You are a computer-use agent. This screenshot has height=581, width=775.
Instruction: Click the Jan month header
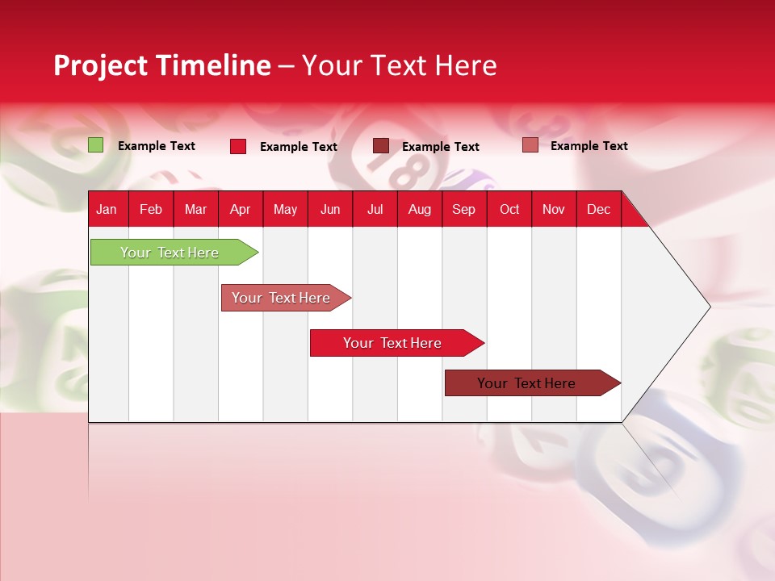click(x=107, y=209)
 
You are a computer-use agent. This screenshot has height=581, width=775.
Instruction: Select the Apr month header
click(x=240, y=209)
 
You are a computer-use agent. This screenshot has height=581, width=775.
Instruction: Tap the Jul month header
click(x=375, y=209)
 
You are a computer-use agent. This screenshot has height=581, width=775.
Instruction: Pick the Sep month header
click(x=463, y=209)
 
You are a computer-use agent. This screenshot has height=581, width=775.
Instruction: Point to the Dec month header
click(x=598, y=209)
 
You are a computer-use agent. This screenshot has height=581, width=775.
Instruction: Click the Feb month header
click(x=151, y=209)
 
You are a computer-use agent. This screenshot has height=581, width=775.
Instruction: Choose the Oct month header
click(x=509, y=209)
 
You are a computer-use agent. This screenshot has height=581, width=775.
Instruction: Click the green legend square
click(x=96, y=145)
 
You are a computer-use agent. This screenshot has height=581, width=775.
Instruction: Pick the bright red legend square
click(x=238, y=146)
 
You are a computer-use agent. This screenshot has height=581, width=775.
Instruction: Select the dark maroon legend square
click(x=381, y=146)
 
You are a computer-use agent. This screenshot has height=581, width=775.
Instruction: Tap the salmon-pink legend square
click(x=530, y=145)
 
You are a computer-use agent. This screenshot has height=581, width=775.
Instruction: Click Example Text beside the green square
click(x=157, y=146)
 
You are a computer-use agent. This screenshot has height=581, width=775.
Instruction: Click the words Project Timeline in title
click(x=162, y=65)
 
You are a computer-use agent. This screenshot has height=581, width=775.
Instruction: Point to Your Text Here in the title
click(x=399, y=65)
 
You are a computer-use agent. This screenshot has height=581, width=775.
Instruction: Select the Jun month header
click(x=330, y=209)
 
